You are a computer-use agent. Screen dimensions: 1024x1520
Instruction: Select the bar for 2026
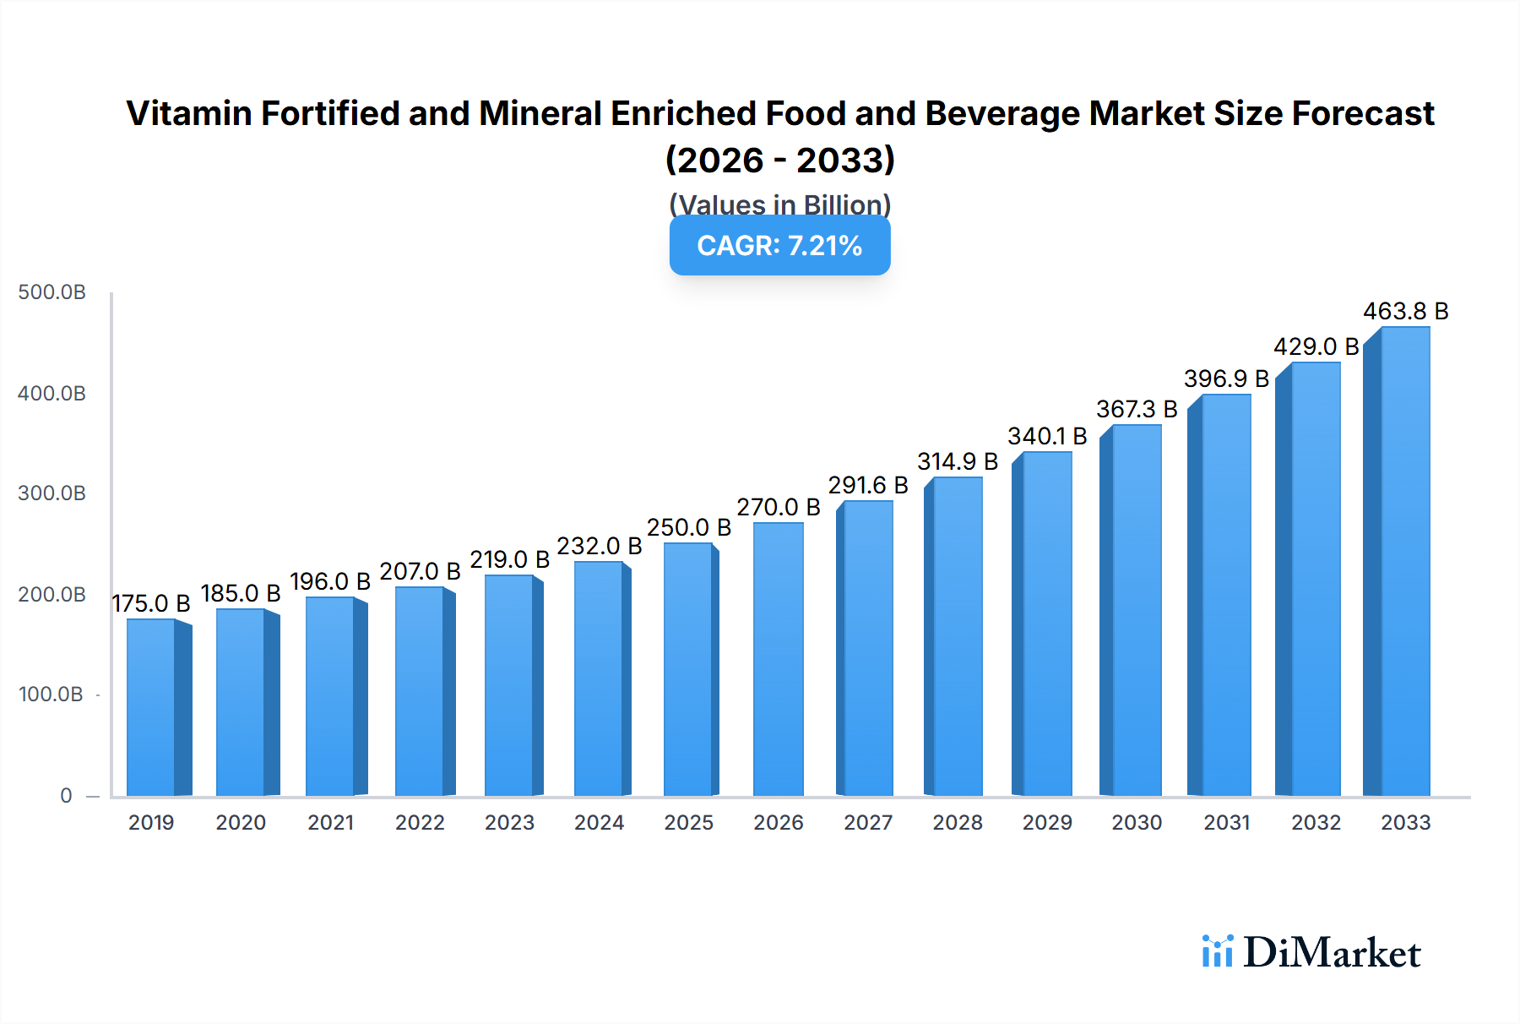click(x=778, y=660)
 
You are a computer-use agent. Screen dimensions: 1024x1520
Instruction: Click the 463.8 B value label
click(x=1405, y=312)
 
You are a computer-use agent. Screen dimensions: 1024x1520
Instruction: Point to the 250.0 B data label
click(x=688, y=528)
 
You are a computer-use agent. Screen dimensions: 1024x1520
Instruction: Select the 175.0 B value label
click(x=151, y=604)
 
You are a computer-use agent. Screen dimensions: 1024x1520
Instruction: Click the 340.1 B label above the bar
click(x=1047, y=437)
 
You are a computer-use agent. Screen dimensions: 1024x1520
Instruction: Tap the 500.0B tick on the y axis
click(x=52, y=292)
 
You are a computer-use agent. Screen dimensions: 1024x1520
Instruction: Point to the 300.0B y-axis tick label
click(x=52, y=493)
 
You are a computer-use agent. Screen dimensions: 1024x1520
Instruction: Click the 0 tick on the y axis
click(x=66, y=796)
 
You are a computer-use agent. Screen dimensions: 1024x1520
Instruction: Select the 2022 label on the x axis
click(x=420, y=823)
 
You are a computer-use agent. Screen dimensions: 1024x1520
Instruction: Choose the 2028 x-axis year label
click(x=958, y=823)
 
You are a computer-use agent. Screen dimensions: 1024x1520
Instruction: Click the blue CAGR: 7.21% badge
click(x=779, y=246)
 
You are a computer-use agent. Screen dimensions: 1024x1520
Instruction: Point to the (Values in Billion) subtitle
click(x=779, y=204)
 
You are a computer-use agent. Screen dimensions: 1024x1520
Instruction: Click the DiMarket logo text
click(x=1331, y=953)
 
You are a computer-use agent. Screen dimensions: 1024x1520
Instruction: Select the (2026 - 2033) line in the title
click(x=779, y=161)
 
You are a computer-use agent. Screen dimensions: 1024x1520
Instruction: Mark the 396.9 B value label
click(x=1226, y=379)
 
